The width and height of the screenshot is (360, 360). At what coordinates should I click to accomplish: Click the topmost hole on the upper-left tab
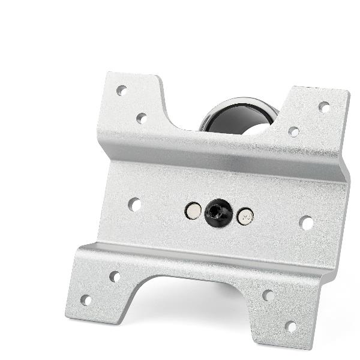[121, 91]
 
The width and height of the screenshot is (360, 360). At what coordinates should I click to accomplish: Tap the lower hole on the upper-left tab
[142, 118]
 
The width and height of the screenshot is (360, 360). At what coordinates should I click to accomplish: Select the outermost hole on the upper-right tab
[324, 107]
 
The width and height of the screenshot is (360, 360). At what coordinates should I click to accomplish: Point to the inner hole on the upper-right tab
[293, 131]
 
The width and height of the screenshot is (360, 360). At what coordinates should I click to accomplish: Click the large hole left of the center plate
[134, 205]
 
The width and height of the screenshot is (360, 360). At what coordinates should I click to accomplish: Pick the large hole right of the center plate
[306, 223]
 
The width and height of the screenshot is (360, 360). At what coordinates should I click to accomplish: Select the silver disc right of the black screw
[245, 217]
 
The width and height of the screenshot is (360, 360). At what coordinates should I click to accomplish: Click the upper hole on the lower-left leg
[115, 277]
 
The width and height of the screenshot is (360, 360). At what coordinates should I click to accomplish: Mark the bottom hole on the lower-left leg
[86, 300]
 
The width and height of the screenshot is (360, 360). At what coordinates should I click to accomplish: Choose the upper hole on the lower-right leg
[268, 295]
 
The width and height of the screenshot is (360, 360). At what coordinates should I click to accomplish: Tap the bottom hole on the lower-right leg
[291, 326]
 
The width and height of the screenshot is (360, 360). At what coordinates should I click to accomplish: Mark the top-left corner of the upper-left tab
[108, 74]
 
